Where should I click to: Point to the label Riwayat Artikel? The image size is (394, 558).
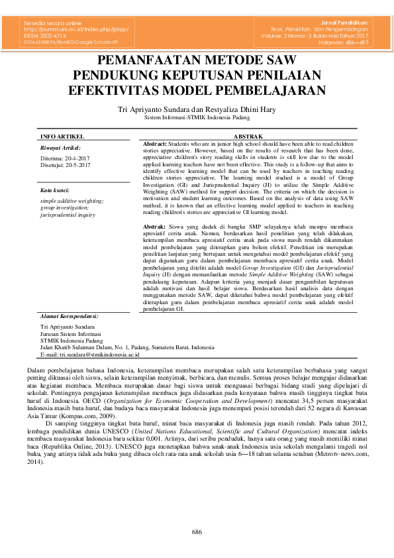pyautogui.click(x=60, y=148)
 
